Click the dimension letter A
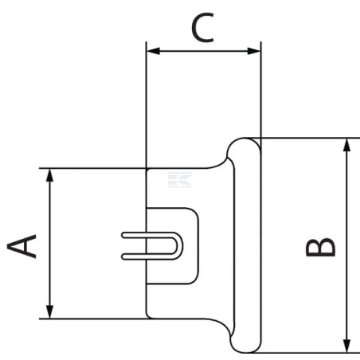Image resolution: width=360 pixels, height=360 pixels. click(x=22, y=246)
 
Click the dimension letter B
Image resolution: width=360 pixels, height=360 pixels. click(x=321, y=247)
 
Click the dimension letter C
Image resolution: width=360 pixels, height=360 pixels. click(x=203, y=28)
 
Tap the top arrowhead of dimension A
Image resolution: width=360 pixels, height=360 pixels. click(x=49, y=175)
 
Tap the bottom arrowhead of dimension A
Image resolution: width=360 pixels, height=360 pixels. click(x=49, y=311)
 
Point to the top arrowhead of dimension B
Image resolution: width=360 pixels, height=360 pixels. click(x=346, y=145)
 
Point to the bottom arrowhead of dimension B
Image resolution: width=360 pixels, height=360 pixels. click(x=346, y=346)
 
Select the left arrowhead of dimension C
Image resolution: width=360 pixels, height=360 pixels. click(x=153, y=51)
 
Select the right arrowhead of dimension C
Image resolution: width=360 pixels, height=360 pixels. click(x=254, y=51)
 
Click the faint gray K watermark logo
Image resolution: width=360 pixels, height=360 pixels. click(x=180, y=179)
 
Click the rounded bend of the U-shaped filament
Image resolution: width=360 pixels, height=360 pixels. click(x=179, y=246)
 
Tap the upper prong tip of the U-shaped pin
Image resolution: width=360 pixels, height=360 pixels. click(x=123, y=235)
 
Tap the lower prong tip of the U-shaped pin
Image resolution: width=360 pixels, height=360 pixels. click(x=123, y=256)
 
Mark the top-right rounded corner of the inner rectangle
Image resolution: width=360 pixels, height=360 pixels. click(x=195, y=212)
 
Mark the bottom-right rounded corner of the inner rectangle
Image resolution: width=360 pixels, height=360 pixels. click(x=195, y=280)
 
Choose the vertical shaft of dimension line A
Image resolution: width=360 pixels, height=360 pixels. click(x=49, y=244)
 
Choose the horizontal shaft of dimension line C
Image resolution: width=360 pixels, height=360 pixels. click(x=204, y=51)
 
